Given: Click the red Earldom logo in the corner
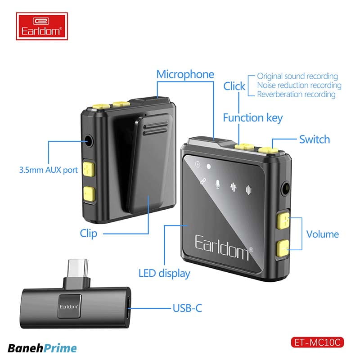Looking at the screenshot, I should click(x=42, y=27).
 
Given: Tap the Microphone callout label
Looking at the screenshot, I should click(x=185, y=74).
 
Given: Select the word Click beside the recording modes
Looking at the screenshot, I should click(x=234, y=86).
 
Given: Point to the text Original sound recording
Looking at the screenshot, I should click(x=297, y=76).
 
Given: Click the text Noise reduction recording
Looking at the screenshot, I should click(x=299, y=85).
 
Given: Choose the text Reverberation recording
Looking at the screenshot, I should click(x=296, y=94).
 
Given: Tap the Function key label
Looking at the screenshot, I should click(x=252, y=118).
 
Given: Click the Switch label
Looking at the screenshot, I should click(x=314, y=139).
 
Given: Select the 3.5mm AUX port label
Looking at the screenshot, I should click(x=49, y=171).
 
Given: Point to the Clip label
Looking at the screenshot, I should click(x=88, y=233).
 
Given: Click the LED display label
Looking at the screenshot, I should click(x=164, y=273).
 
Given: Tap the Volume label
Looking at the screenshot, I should click(x=322, y=234).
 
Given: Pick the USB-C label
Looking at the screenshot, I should click(x=187, y=308).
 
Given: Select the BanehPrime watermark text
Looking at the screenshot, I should click(x=42, y=348).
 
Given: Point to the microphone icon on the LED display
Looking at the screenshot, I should click(x=218, y=184).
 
